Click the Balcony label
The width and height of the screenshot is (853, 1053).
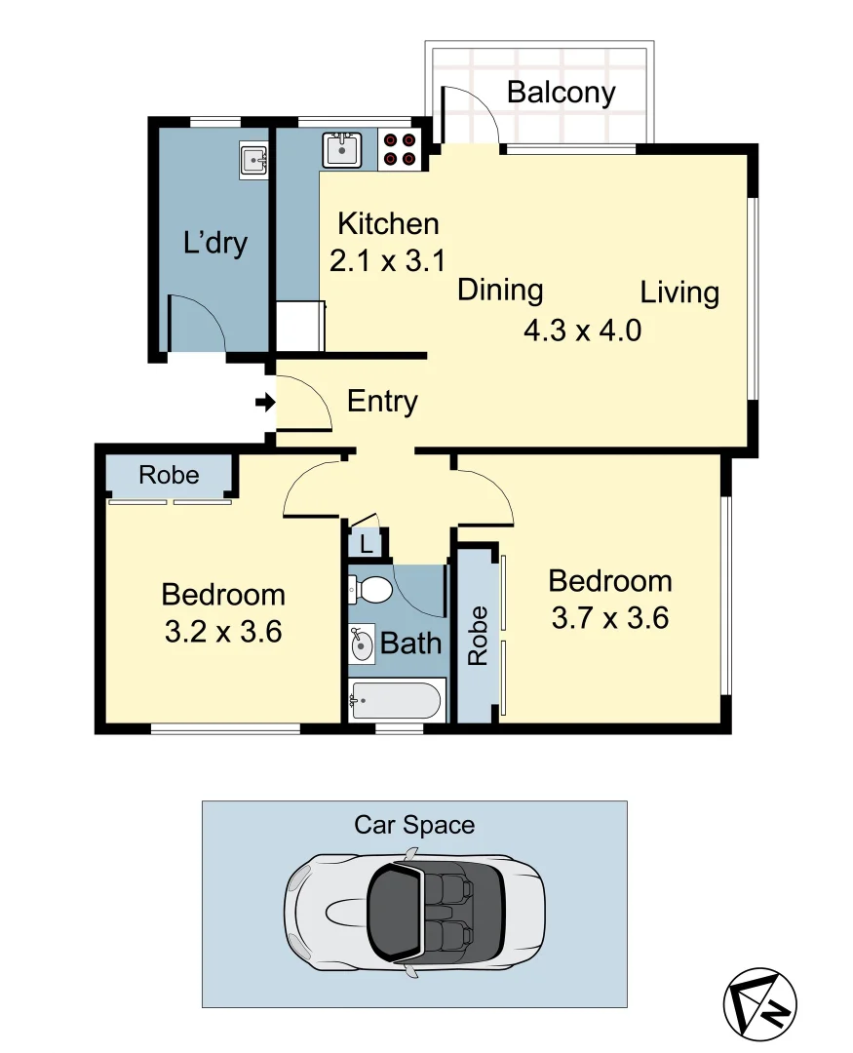click(562, 93)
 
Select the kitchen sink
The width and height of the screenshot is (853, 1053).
click(343, 149)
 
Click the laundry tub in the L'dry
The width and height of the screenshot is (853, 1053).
click(254, 158)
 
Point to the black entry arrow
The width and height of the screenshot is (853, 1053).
click(263, 402)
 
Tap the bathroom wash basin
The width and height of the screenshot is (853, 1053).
click(362, 643)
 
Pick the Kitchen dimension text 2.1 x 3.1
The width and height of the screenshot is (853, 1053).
click(388, 261)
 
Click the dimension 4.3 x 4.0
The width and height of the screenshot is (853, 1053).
click(582, 330)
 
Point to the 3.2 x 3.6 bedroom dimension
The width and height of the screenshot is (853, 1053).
click(223, 632)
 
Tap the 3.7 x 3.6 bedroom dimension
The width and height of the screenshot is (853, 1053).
click(610, 618)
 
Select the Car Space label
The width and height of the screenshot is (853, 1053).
click(414, 825)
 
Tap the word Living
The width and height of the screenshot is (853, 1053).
click(679, 292)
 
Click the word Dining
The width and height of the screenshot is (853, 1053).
click(500, 290)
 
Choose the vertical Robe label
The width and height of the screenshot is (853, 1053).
click(478, 636)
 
